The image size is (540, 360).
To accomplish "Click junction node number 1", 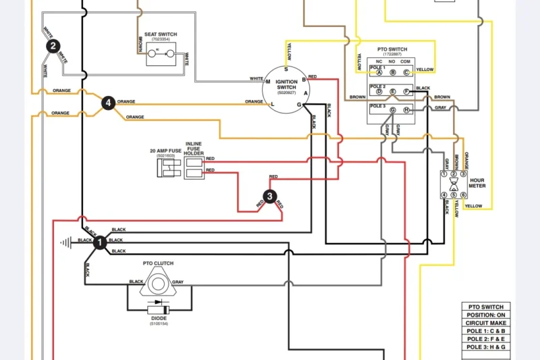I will [100, 242].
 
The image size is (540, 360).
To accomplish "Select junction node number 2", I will [53, 46].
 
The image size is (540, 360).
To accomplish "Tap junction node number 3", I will [270, 197].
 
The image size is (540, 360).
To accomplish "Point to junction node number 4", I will [108, 103].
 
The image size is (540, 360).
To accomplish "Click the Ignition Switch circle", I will [286, 86].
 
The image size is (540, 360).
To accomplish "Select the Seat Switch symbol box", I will [161, 51].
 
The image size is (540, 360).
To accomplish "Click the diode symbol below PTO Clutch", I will [159, 309].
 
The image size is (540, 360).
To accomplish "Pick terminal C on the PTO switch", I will [406, 72].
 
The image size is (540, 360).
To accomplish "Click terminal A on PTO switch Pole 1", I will [379, 72].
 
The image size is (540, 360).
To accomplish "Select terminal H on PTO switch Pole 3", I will [406, 110].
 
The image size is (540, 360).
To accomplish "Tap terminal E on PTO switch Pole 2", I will [392, 91].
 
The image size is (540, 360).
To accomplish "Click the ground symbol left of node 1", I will [65, 241].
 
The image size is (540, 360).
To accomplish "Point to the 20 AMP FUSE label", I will [165, 151].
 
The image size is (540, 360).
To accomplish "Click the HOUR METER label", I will [477, 183].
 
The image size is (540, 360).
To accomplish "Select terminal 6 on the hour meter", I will [464, 195].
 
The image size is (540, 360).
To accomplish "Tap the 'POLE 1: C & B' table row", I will [486, 331].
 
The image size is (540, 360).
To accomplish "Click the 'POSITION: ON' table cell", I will [486, 315].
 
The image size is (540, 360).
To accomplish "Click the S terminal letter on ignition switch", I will [286, 70].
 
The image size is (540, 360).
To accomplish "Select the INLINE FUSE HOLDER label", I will [194, 148].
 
